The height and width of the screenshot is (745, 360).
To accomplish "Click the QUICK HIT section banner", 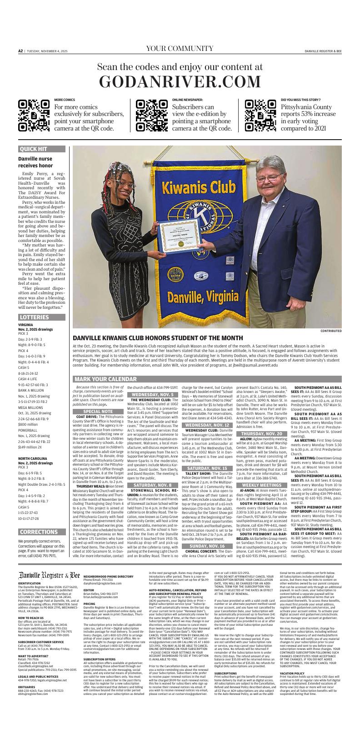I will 43,149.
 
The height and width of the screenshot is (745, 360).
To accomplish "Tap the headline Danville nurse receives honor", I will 35,162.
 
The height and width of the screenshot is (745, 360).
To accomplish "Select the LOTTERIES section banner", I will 43,317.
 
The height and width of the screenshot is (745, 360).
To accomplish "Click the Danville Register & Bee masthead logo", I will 49,575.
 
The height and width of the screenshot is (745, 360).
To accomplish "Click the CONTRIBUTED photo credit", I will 331,331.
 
